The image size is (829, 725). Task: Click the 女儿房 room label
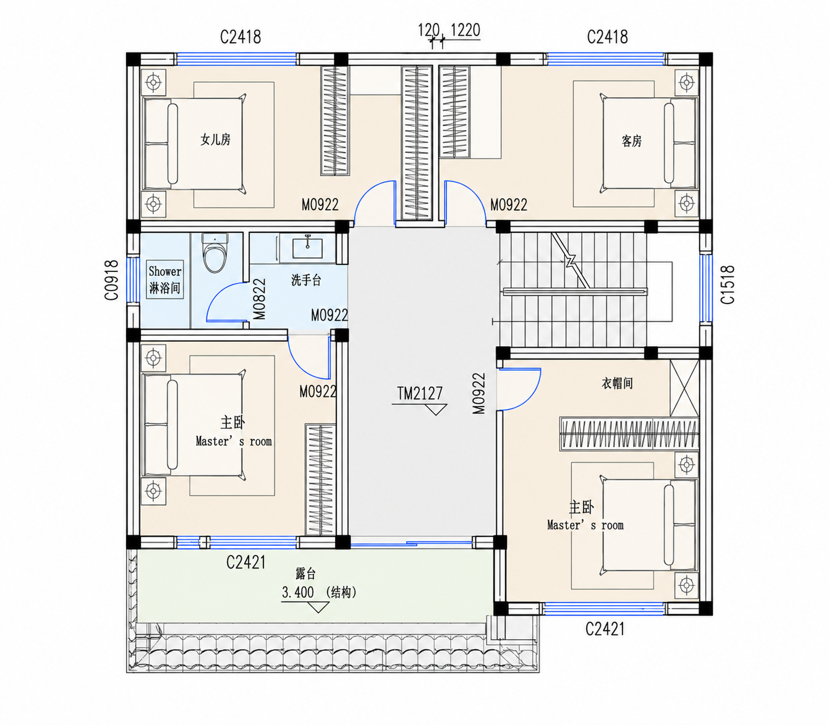point(216,140)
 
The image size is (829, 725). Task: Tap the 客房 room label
point(632,141)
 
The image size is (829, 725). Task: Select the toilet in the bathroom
point(215,253)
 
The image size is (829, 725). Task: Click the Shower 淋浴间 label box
point(165,279)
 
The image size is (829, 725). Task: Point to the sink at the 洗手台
point(307,248)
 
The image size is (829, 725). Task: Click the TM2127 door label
point(420,393)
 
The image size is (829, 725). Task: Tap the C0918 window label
point(112,280)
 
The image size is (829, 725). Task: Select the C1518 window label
point(728,284)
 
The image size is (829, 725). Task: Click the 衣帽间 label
point(617,383)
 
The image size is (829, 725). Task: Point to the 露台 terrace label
point(305,574)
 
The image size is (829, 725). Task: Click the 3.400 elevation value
point(298,593)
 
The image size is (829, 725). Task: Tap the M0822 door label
point(259,299)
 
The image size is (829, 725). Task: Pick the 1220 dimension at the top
point(465,30)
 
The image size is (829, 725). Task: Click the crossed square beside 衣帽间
point(684,388)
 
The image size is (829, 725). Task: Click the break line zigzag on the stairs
point(571,261)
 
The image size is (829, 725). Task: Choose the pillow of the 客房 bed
point(669,143)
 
